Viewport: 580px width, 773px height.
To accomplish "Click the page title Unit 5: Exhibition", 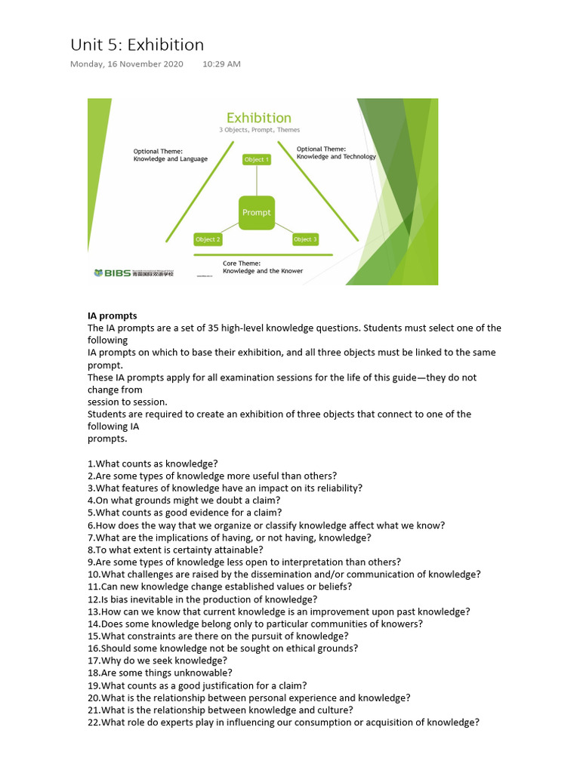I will click(x=137, y=45).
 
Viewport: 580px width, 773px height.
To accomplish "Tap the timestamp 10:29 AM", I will click(x=221, y=64).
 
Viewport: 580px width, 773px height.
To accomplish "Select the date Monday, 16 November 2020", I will click(x=127, y=64).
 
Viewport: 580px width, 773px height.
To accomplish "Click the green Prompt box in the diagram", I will click(x=256, y=213).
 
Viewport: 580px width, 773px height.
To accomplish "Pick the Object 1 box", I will click(x=256, y=159).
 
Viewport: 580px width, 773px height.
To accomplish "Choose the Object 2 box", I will click(x=208, y=239).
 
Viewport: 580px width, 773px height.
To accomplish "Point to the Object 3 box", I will click(x=305, y=239).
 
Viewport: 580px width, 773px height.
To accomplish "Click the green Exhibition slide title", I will click(x=259, y=118).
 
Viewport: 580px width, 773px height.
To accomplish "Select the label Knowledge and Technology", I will click(x=336, y=156).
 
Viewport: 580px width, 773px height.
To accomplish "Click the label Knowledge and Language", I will click(x=171, y=159).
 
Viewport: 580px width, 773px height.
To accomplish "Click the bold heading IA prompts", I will click(x=113, y=316).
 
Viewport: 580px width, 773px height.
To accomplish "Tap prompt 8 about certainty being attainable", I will click(x=175, y=550).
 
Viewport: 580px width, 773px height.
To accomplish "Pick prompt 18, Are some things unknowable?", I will click(x=160, y=673).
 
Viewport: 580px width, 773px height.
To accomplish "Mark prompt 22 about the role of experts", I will click(x=283, y=722).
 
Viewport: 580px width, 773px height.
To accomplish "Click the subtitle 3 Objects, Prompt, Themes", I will click(x=259, y=131).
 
